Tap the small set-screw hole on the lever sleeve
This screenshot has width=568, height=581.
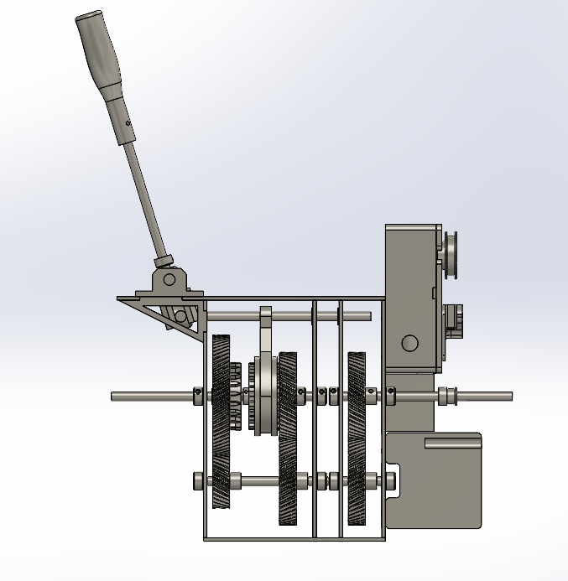[x=128, y=122]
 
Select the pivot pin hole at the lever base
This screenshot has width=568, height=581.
[x=169, y=278]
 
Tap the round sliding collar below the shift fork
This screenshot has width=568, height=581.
[x=266, y=394]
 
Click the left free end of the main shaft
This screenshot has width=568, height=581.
[x=117, y=396]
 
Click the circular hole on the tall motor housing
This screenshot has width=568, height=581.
[x=409, y=342]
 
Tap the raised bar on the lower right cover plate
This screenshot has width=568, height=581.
[x=452, y=442]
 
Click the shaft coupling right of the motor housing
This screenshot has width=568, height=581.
[x=447, y=394]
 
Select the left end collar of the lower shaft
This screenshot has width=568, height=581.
[x=198, y=481]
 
